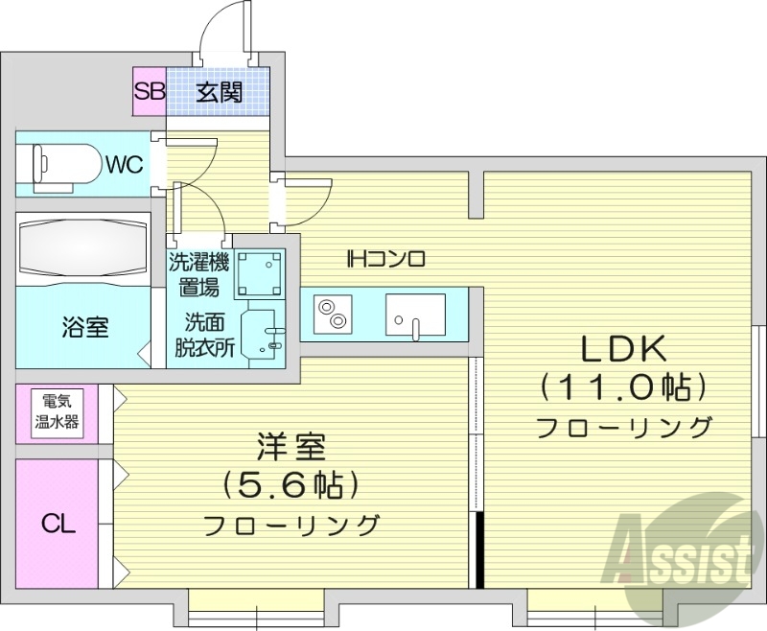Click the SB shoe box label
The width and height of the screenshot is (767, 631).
(x=149, y=92)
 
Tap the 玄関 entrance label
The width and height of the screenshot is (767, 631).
(x=219, y=92)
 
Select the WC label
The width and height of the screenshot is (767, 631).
(x=124, y=165)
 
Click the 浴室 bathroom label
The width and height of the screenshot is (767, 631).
(x=85, y=326)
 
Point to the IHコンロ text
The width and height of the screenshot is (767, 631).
(x=385, y=258)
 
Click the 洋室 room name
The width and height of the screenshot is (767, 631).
(x=291, y=447)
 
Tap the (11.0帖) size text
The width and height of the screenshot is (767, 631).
(x=624, y=387)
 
